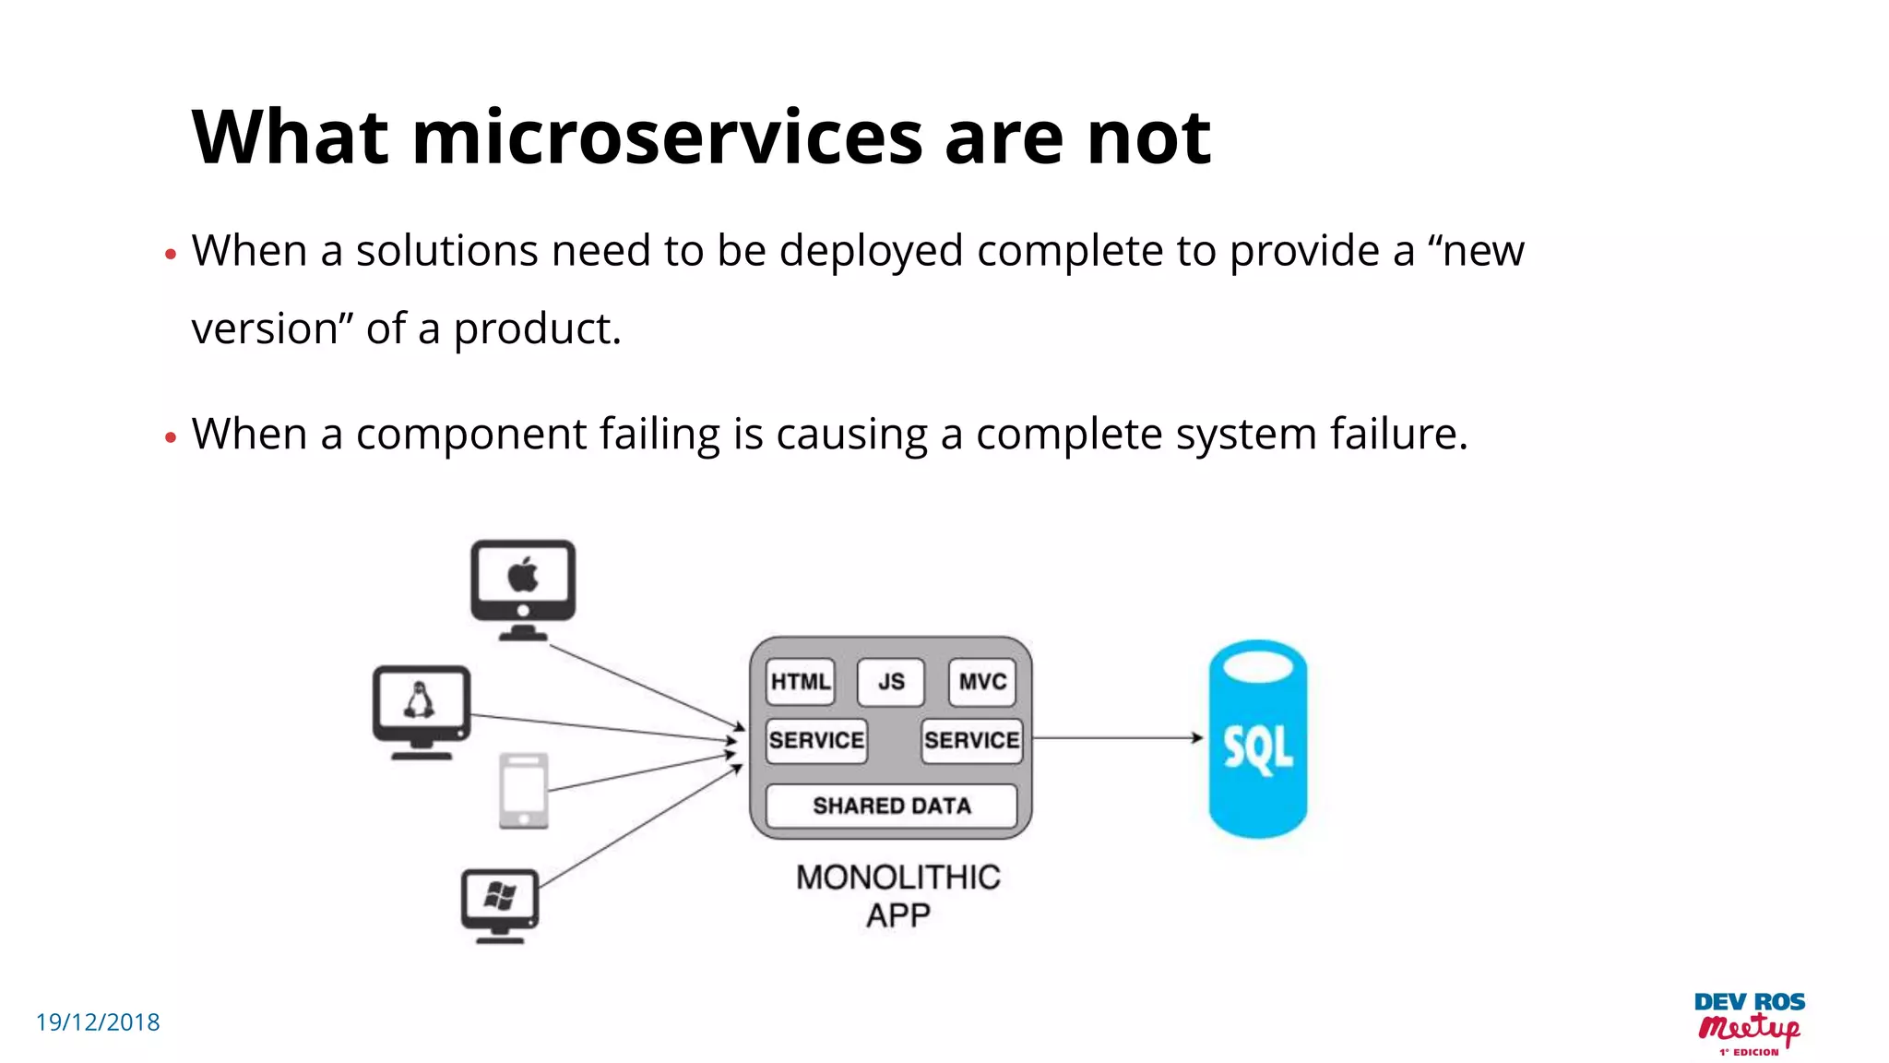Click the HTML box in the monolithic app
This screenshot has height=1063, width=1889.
click(x=800, y=682)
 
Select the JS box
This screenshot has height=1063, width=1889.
click(x=890, y=682)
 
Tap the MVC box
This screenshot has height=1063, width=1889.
click(x=981, y=682)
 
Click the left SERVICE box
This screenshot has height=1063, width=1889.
click(x=816, y=741)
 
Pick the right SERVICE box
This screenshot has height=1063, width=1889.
click(x=972, y=741)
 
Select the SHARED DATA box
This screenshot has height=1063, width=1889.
click(x=891, y=806)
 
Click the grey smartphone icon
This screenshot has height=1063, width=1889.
click(x=524, y=791)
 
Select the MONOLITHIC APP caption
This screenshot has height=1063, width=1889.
click(x=897, y=896)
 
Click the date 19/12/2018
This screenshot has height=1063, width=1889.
click(x=98, y=1022)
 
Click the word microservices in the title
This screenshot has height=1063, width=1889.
click(x=667, y=138)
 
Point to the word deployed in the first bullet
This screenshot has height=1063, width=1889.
click(x=871, y=251)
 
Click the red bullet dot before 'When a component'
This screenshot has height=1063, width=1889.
click(x=170, y=437)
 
